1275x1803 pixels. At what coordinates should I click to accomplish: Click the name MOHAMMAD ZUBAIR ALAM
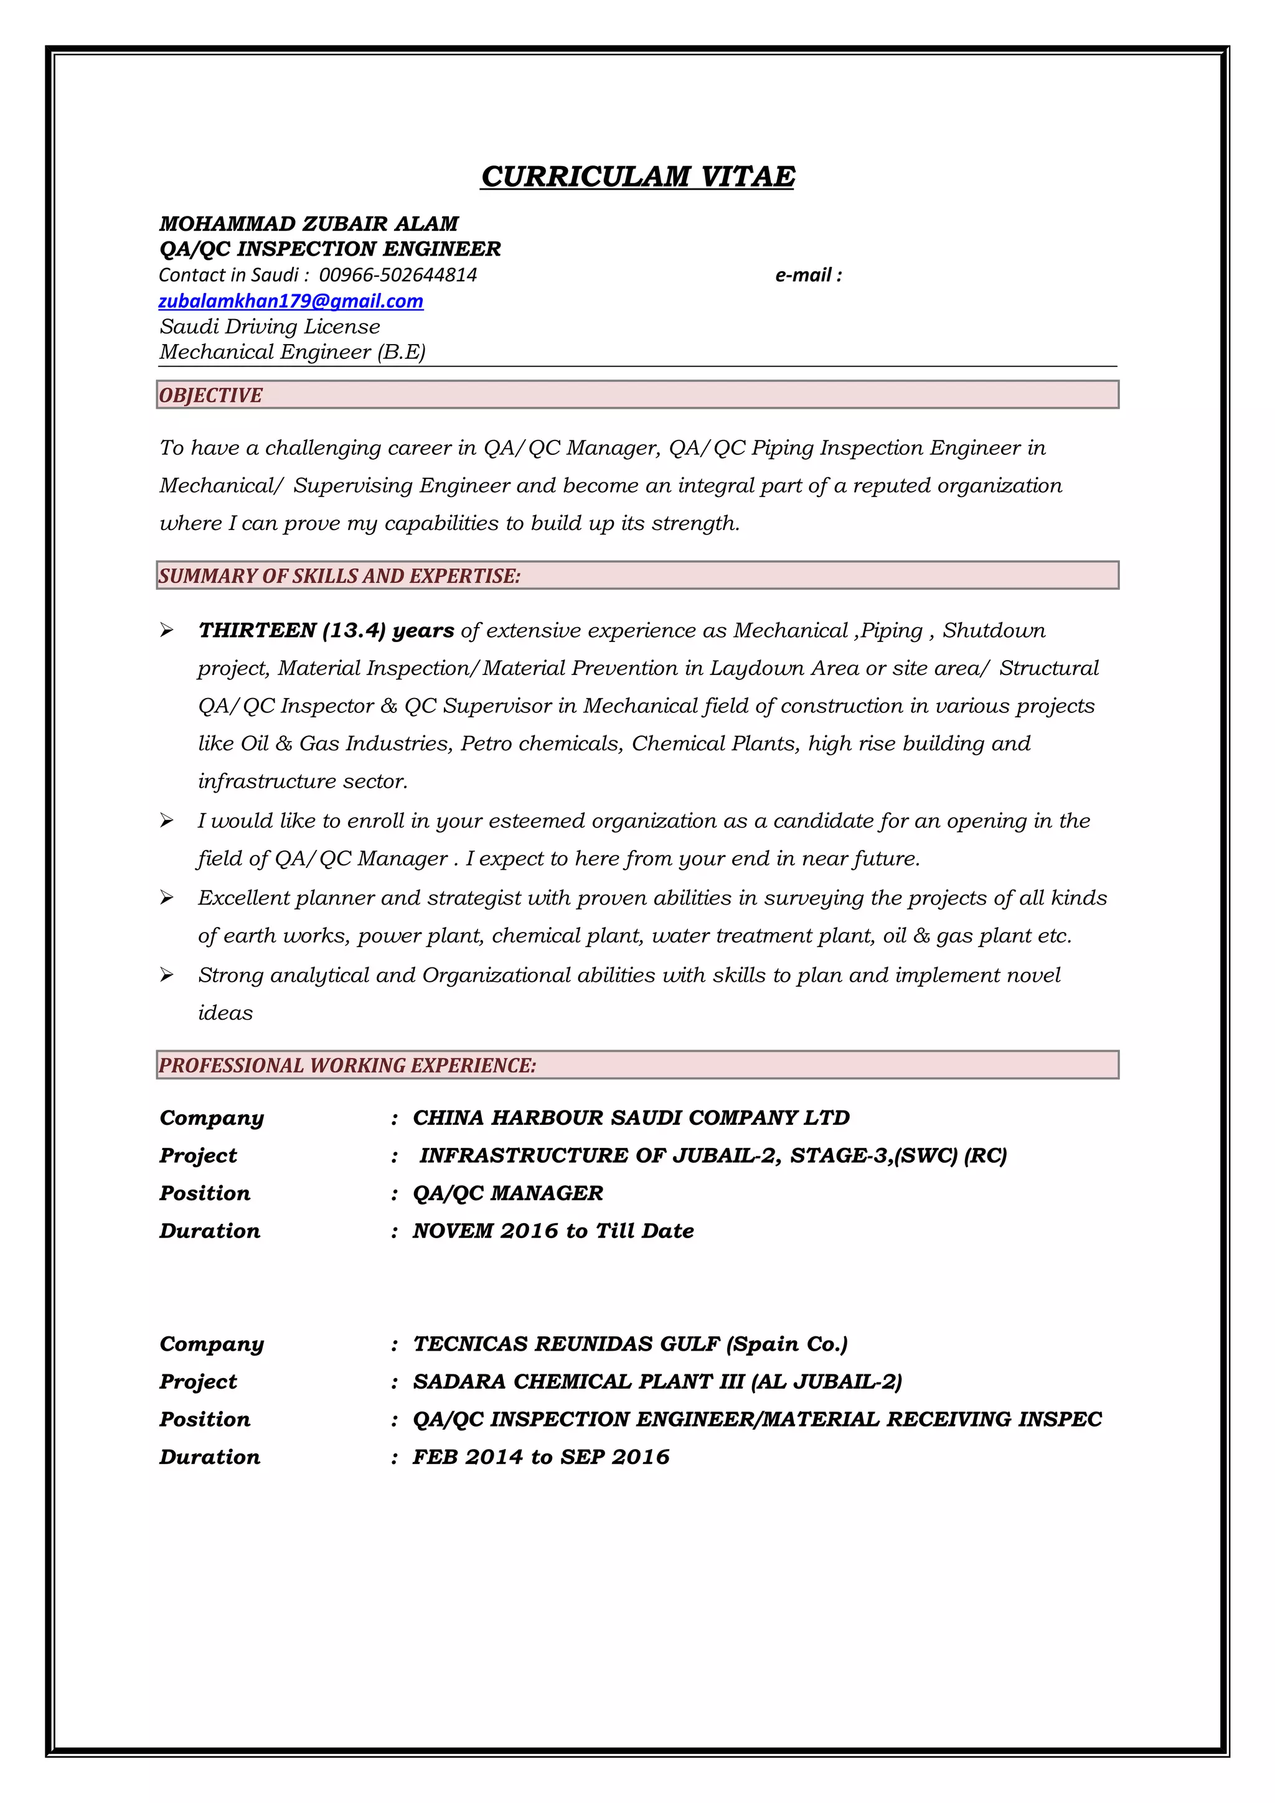[309, 224]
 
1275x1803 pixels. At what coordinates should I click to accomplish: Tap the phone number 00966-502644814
[398, 275]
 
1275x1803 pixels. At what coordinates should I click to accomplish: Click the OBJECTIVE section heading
[210, 395]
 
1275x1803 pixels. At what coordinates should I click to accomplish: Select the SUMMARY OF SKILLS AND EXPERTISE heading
[339, 575]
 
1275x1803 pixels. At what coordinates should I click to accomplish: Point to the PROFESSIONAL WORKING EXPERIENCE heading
[347, 1065]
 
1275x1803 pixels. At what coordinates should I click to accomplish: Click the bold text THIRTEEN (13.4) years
[326, 631]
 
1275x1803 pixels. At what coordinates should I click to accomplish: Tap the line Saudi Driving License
[270, 327]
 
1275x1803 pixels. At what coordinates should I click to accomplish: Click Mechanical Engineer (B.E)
[292, 352]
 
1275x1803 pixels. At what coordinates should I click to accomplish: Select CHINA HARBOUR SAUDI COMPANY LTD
[631, 1117]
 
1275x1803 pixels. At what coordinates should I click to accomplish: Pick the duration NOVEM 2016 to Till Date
[553, 1231]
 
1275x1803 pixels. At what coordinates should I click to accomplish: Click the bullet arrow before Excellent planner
[167, 898]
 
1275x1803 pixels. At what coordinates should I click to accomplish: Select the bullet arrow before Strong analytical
[167, 974]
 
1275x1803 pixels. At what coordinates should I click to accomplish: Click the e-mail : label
[808, 275]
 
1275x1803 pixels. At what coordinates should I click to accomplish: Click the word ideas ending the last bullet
[225, 1013]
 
